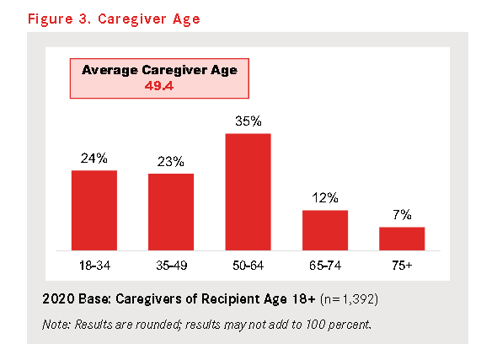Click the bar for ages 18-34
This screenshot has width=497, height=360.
94,210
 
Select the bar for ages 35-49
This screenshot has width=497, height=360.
171,212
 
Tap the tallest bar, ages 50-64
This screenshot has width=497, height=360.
248,192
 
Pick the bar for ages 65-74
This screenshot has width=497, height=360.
325,230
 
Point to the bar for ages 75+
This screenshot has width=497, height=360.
402,239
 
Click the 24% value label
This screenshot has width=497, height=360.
94,158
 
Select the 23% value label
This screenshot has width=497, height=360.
170,161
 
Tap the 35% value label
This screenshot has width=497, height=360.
248,121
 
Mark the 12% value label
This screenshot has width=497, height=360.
325,197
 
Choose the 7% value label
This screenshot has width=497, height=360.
402,215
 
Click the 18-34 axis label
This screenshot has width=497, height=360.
94,266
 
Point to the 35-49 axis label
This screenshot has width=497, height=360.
172,266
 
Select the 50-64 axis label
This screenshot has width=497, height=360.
248,266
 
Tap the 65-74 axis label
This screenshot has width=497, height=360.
325,266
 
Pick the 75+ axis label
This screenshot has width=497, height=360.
402,266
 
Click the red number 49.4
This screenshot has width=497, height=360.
159,86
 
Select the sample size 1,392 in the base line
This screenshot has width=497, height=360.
359,298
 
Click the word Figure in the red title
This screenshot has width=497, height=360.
51,19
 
